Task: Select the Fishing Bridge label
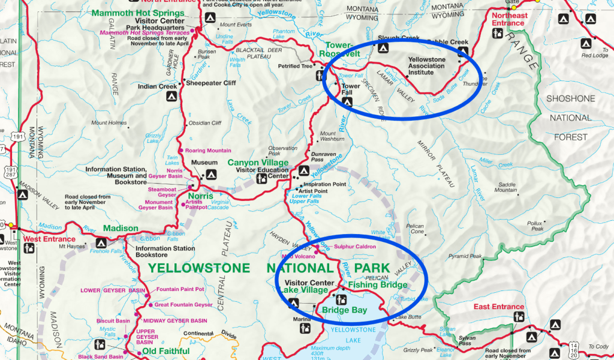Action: point(377,285)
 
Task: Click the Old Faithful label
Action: point(166,351)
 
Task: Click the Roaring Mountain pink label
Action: point(207,150)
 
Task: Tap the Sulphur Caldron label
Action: point(354,247)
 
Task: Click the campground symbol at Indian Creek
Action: point(171,95)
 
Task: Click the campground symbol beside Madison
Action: point(100,244)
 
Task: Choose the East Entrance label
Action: point(498,307)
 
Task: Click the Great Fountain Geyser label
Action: point(183,305)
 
